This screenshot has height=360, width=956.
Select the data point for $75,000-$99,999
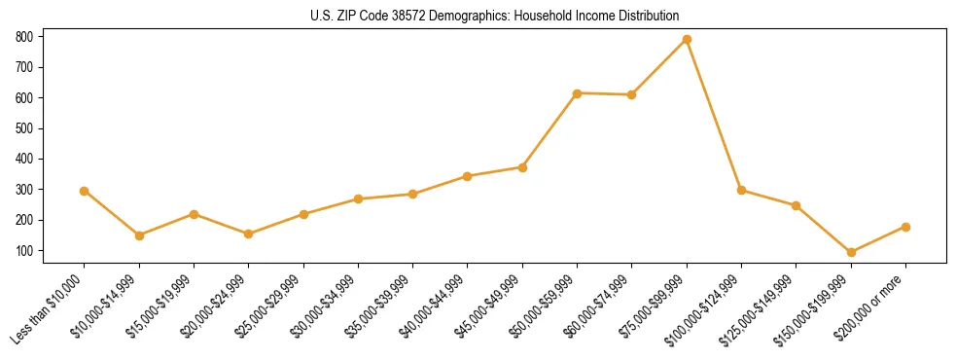point(687,39)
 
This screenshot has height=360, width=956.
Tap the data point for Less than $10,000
point(85,191)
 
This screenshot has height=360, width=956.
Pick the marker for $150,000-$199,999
point(851,252)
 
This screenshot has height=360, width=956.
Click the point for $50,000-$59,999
point(577,93)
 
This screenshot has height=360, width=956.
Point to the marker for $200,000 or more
point(905,227)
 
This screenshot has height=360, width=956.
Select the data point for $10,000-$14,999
point(139,235)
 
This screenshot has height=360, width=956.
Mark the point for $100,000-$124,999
point(741,190)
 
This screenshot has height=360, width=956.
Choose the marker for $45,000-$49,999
point(522,167)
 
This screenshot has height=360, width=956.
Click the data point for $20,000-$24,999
point(248,234)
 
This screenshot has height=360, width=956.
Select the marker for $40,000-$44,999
point(468,176)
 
